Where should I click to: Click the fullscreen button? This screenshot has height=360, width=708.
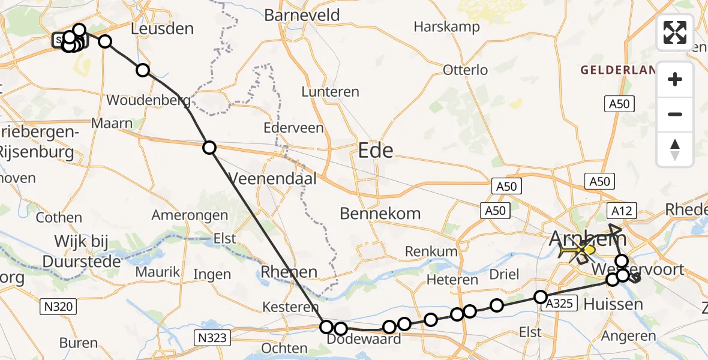675,32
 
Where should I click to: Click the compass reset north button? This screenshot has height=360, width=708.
675,149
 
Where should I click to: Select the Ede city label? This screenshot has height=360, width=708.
376,150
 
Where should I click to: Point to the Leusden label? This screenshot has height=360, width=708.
163,28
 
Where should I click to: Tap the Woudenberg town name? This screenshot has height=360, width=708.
148,100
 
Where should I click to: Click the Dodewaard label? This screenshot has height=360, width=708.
363,340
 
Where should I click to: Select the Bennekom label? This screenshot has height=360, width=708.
380,213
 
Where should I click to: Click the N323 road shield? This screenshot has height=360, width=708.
214,338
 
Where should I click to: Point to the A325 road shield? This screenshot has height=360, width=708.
557,305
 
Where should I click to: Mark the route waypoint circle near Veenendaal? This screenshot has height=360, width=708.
209,148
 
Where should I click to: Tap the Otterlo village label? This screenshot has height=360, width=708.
465,70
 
